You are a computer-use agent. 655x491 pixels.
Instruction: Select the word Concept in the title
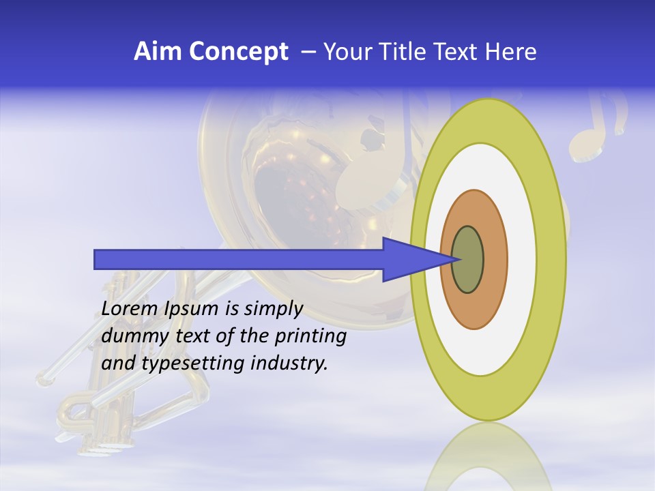[239, 52]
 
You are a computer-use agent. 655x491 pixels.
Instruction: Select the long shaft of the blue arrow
[239, 259]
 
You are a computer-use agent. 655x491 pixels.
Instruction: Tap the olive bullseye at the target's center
[467, 259]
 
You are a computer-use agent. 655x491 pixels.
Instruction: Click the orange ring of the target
[495, 259]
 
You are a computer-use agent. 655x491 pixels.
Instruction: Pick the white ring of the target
[521, 259]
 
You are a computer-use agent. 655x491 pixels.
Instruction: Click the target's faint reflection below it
[488, 460]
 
